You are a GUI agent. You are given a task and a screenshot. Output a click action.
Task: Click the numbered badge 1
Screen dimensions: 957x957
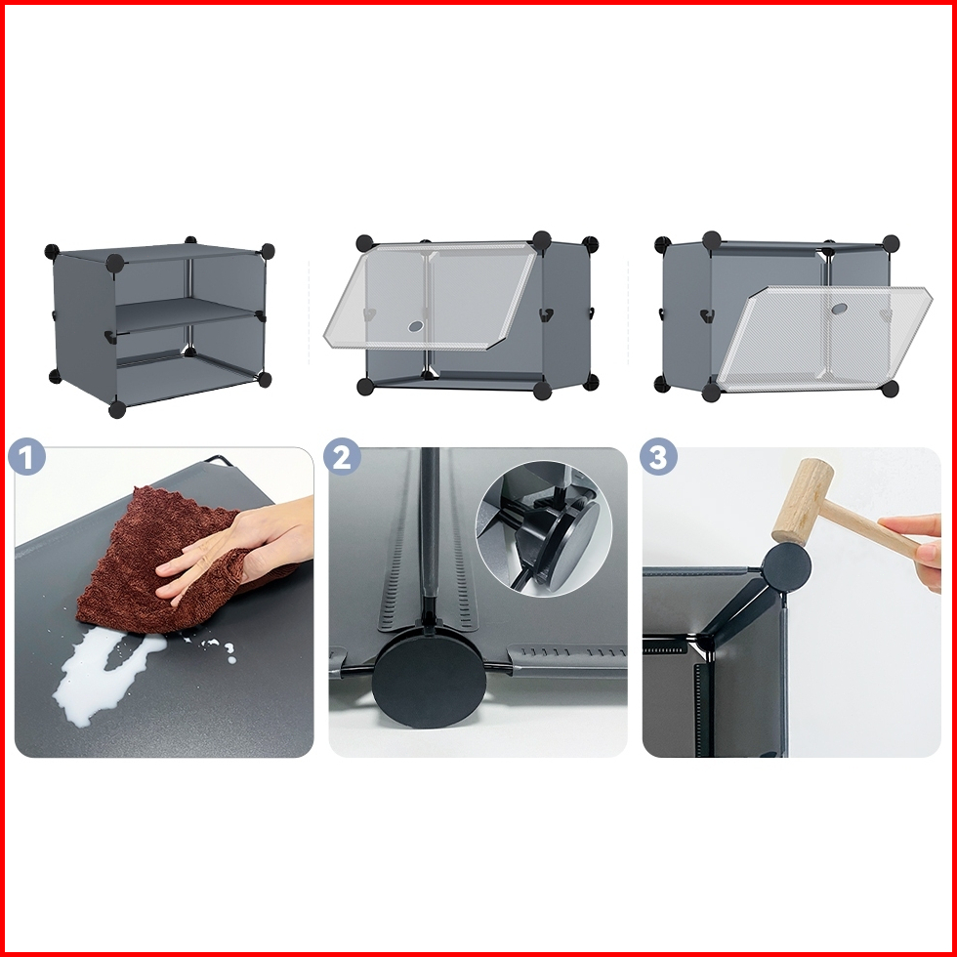(27, 456)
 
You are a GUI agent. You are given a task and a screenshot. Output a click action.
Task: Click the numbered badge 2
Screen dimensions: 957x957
(342, 456)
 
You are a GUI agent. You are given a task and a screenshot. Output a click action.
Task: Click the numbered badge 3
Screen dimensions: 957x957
(658, 456)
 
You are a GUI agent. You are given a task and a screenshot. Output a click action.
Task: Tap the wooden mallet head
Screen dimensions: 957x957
(802, 502)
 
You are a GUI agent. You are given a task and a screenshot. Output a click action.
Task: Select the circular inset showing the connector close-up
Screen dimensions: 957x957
(543, 528)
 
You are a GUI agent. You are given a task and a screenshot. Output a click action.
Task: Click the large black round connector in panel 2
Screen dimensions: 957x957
(429, 681)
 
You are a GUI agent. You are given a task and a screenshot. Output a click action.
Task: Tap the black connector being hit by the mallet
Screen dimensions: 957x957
(787, 566)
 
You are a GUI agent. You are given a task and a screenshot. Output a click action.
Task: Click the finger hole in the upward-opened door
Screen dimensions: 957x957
(416, 326)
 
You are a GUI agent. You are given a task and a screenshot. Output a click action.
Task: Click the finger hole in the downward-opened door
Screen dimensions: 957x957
(839, 309)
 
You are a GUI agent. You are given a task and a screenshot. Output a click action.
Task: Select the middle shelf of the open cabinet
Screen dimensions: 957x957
(187, 313)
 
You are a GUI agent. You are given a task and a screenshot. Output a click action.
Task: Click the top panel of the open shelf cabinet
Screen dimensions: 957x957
(160, 252)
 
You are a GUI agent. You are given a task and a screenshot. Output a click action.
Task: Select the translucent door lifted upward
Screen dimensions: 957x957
(431, 296)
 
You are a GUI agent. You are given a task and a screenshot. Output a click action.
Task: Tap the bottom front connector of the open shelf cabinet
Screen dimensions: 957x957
(116, 409)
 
